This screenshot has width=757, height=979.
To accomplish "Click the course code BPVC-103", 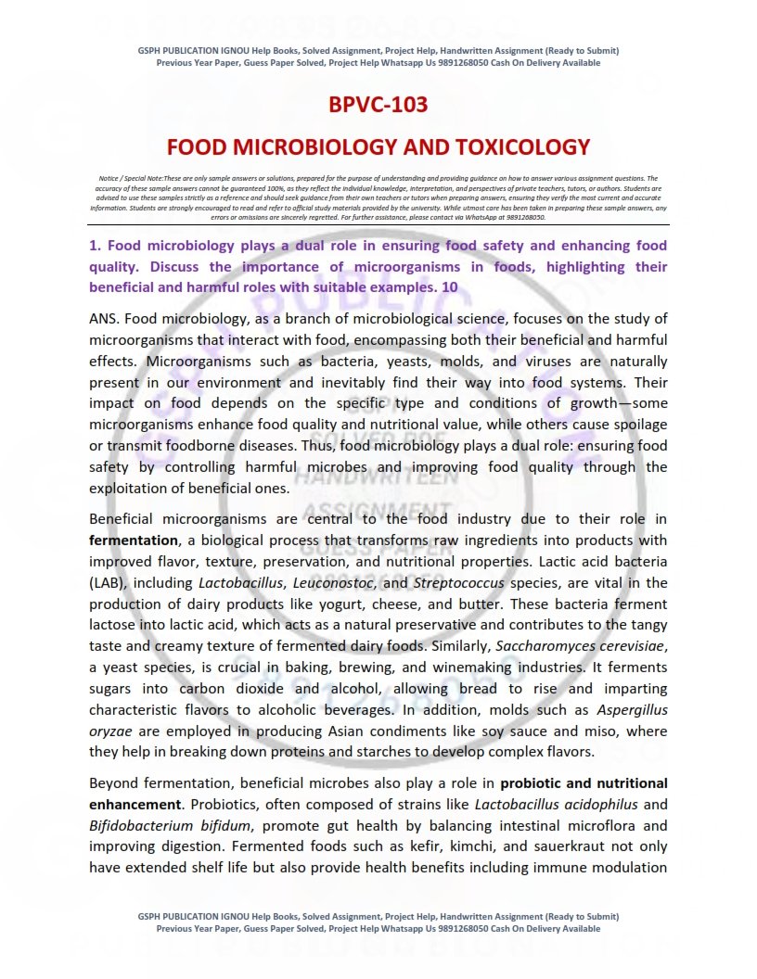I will coord(378,104).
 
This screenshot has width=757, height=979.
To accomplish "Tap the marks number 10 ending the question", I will coord(449,287).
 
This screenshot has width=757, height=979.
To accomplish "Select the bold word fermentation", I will coord(133,540).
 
